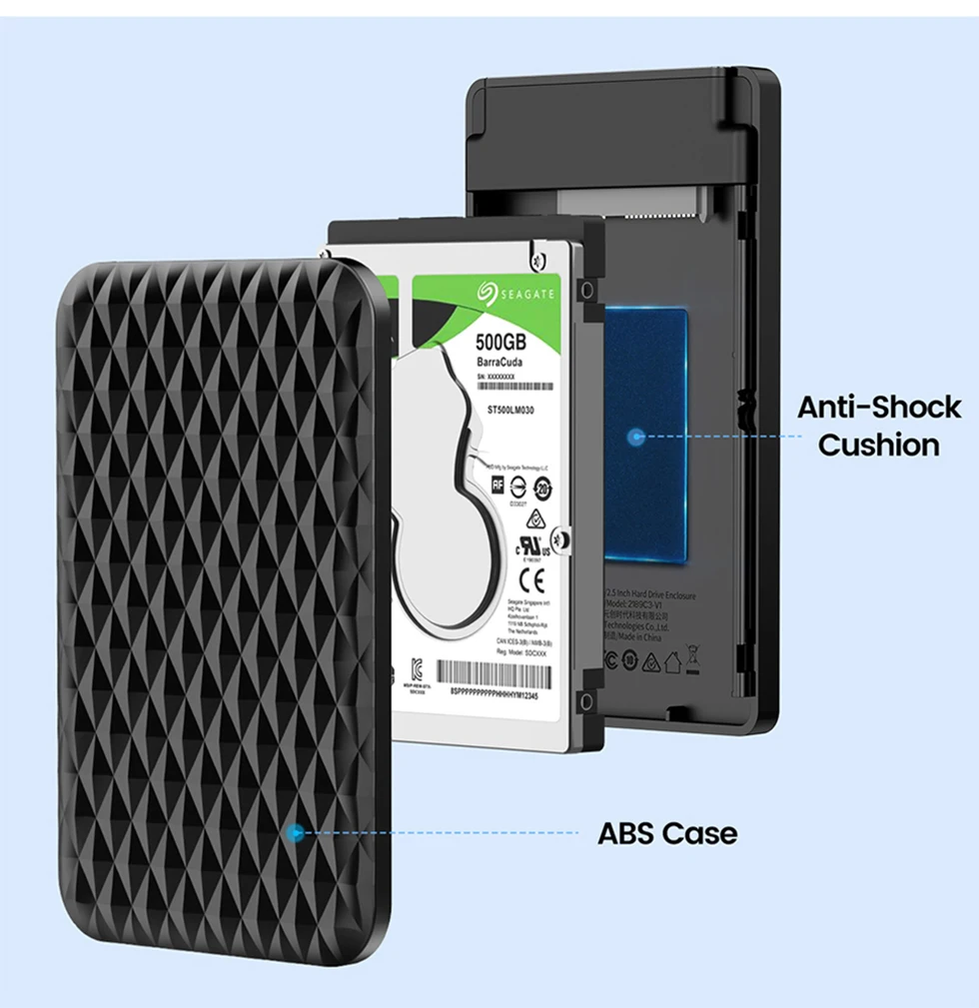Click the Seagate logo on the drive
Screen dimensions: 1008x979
(x=516, y=291)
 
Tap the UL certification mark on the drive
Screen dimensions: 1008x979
(x=528, y=547)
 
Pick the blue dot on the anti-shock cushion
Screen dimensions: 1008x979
(x=634, y=436)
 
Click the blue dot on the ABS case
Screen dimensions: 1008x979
(x=295, y=832)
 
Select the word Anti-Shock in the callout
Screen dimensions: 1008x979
(x=878, y=407)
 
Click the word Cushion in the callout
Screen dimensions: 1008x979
(x=878, y=445)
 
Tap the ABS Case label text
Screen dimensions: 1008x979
(x=667, y=832)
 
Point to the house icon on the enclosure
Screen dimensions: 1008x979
(x=671, y=659)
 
